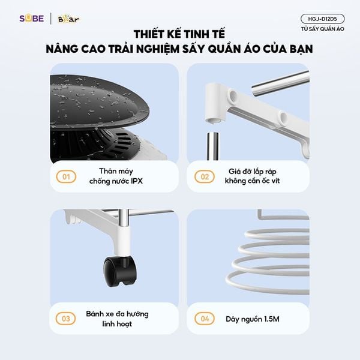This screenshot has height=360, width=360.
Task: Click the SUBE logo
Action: [31, 19]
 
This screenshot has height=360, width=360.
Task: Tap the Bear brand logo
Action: [68, 19]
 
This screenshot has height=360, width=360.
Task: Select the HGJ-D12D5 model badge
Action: [322, 19]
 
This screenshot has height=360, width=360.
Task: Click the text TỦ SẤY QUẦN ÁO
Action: [323, 29]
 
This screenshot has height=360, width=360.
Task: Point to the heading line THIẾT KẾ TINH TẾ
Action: [179, 34]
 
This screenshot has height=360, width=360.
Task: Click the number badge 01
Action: [66, 176]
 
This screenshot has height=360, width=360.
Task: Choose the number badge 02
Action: [205, 176]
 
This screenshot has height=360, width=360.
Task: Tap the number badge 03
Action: [65, 319]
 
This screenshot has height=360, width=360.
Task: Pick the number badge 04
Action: [205, 319]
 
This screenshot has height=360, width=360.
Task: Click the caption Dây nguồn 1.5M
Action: [253, 319]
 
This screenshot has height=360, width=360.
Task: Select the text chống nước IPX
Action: [116, 181]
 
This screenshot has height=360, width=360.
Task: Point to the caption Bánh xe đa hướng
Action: [117, 314]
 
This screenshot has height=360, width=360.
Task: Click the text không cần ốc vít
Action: [253, 181]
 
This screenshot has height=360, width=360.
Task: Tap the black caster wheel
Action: [119, 272]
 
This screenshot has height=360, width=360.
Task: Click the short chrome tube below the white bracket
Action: [212, 146]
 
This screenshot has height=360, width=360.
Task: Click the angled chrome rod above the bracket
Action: [281, 83]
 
